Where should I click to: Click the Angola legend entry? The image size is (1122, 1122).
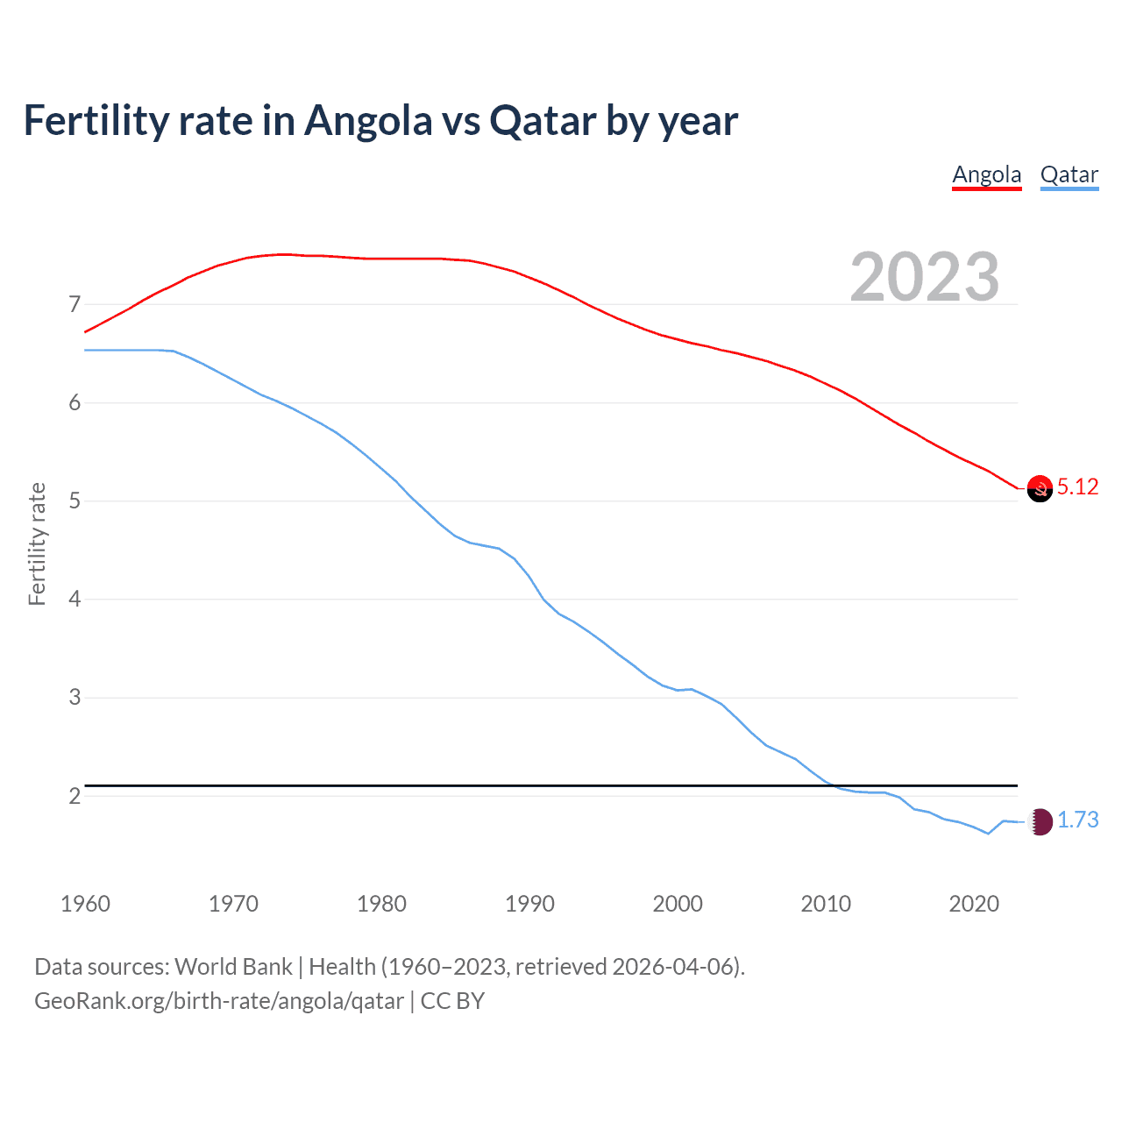tap(987, 174)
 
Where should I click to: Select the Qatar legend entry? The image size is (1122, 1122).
tap(1069, 174)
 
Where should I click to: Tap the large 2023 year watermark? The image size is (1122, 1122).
tap(925, 277)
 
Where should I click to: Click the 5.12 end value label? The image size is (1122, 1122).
tap(1077, 486)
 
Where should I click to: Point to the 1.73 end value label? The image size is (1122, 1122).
tap(1077, 820)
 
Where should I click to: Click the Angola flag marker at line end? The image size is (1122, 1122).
tap(1040, 488)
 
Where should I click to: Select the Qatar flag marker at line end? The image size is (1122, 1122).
tap(1040, 821)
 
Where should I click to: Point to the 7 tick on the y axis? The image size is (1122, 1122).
tap(75, 305)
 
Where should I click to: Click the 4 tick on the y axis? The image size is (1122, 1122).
tap(75, 600)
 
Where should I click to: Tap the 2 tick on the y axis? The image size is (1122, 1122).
tap(75, 796)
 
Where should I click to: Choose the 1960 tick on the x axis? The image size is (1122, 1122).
tap(85, 904)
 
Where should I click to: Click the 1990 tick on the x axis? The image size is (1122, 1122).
tap(529, 904)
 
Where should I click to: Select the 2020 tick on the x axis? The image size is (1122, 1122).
tap(974, 904)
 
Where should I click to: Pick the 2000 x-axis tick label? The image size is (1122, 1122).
tap(678, 904)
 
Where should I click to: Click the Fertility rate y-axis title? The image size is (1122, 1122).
tap(37, 543)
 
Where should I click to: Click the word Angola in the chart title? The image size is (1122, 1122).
tap(368, 120)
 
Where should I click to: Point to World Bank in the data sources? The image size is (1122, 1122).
tap(233, 966)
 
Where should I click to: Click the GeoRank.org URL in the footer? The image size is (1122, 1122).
tap(219, 1001)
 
